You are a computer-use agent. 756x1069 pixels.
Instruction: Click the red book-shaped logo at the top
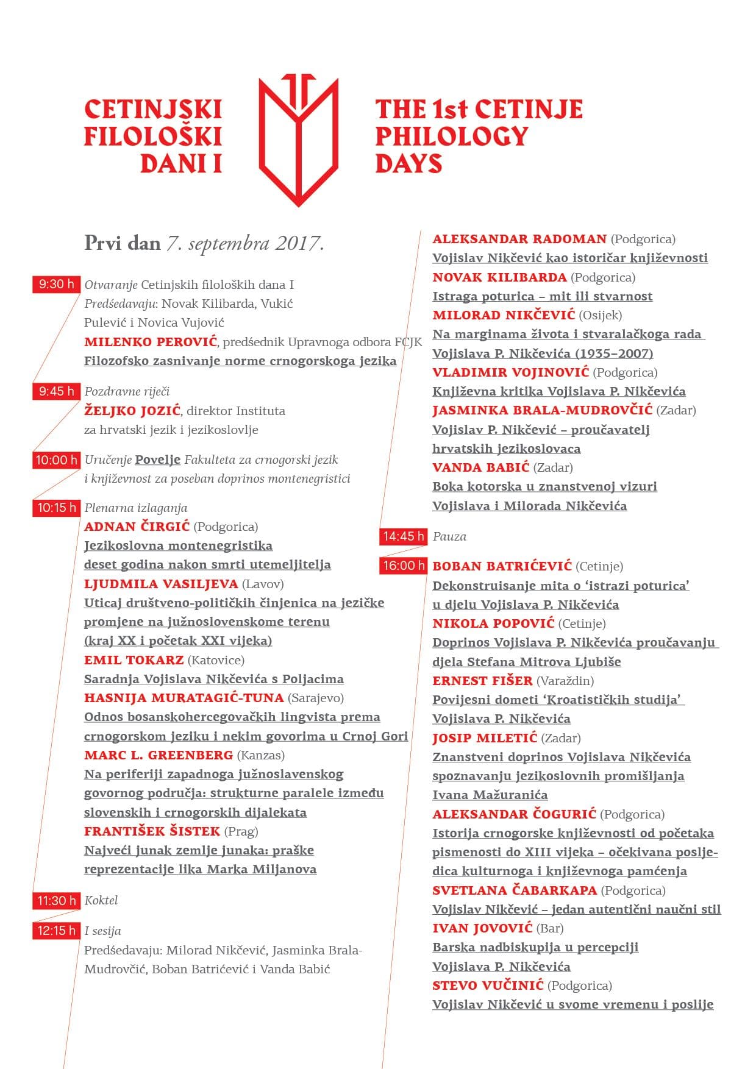(x=298, y=139)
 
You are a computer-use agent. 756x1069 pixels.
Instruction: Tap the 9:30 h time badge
(x=56, y=284)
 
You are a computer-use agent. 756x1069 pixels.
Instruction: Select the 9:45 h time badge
(x=56, y=391)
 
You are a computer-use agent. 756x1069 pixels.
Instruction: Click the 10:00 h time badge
(x=56, y=460)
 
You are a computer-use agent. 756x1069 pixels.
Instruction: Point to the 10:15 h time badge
(x=56, y=508)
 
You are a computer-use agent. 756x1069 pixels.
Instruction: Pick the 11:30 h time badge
(x=56, y=901)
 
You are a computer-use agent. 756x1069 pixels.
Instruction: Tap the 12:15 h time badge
(x=56, y=931)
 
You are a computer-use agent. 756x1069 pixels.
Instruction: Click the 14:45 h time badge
(x=404, y=536)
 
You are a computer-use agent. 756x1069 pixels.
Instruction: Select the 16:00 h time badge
(x=404, y=566)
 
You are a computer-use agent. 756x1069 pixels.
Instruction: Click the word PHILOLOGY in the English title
(x=451, y=136)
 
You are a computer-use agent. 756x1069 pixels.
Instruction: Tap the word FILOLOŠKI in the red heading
(x=152, y=136)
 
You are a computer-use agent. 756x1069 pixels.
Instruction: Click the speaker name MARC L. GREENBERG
(x=159, y=755)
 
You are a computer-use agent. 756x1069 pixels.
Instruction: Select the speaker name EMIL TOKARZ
(x=134, y=660)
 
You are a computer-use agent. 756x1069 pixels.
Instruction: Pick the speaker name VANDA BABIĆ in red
(x=480, y=467)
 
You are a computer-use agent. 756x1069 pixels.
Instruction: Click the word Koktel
(x=101, y=900)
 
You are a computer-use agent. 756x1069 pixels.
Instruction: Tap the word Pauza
(x=449, y=536)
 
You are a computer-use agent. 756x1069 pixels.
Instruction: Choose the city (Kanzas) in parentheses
(x=260, y=755)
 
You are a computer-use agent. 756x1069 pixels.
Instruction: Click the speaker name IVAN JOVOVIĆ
(x=482, y=928)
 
